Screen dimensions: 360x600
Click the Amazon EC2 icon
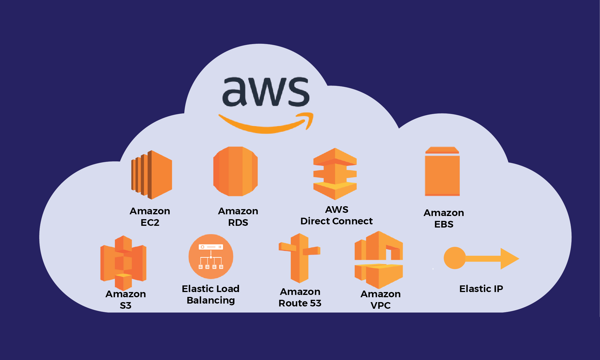(152, 175)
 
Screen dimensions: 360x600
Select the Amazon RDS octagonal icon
(236, 172)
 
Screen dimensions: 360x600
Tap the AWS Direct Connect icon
(335, 174)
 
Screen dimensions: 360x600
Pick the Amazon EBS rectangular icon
(442, 173)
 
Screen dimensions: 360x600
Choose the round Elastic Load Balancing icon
(211, 256)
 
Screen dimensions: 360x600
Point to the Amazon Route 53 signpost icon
(299, 258)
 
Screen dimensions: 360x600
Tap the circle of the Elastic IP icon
(455, 258)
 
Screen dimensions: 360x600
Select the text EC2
(150, 223)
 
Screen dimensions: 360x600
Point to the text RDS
(238, 223)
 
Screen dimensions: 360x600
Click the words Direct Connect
(336, 221)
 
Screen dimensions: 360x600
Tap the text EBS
(444, 224)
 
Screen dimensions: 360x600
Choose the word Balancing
(211, 300)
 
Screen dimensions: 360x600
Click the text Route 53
(300, 303)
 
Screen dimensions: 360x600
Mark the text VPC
(380, 305)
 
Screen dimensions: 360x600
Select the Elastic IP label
(481, 289)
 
